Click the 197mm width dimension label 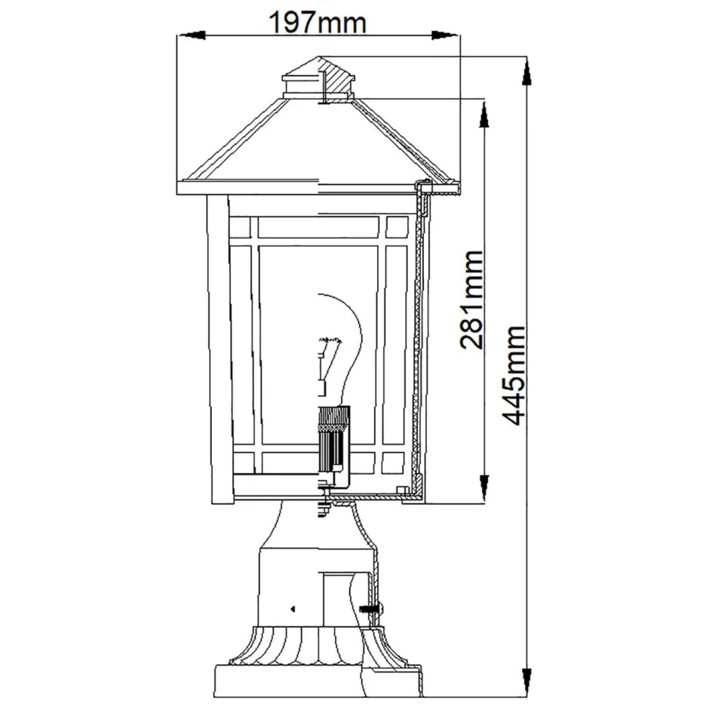(x=318, y=23)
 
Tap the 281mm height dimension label (x=471, y=300)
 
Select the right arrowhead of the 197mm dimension (x=444, y=34)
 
